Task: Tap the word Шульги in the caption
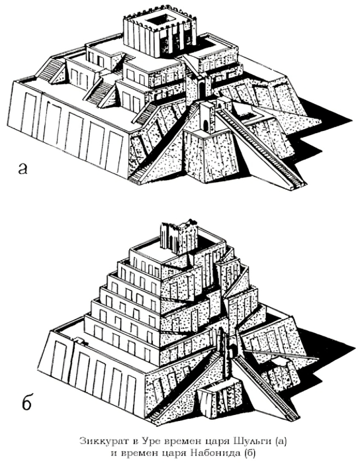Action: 254,441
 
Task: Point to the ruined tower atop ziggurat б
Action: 179,236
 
